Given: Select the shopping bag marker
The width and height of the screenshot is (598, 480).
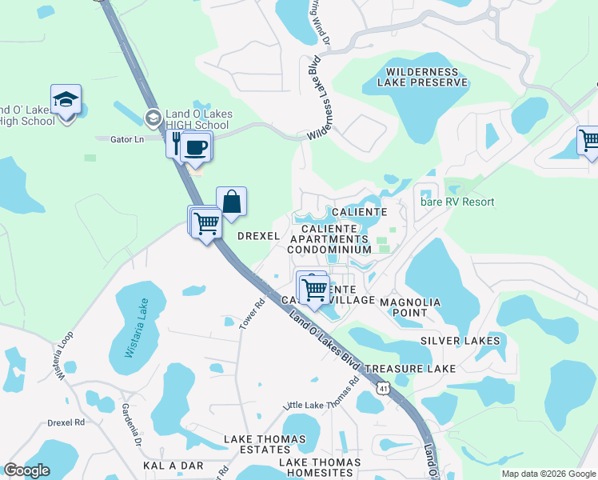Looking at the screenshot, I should pos(231,203).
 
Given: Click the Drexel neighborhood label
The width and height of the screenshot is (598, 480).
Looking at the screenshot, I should pos(258,236).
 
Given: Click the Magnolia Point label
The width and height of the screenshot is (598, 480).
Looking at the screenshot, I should pos(410,307).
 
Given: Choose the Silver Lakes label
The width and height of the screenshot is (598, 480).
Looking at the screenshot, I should pos(460,341).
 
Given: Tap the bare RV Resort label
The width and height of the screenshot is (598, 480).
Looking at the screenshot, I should pos(457,202).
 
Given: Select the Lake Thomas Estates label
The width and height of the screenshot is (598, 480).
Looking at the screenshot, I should pos(265,445).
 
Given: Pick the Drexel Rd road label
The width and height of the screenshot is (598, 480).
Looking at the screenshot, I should pos(66,422).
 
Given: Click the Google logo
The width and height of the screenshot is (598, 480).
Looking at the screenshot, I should pos(27,470).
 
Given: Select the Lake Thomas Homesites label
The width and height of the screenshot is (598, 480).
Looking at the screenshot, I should pos(320,469).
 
